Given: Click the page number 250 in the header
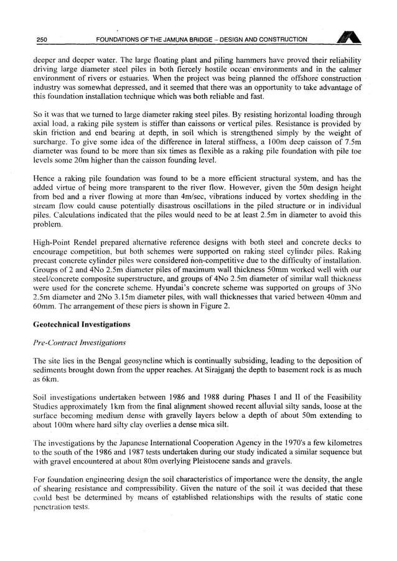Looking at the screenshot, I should tap(42, 40).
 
